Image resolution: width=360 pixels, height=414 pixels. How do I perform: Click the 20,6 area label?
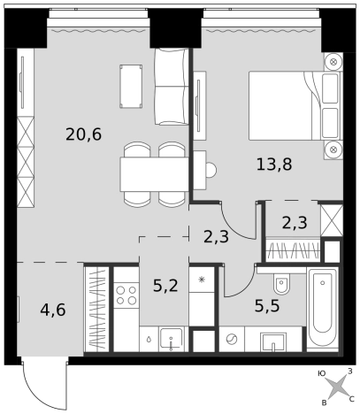click(x=84, y=135)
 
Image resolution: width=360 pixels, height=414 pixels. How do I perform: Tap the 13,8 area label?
click(x=274, y=165)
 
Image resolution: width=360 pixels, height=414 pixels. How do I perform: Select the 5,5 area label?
click(x=267, y=306)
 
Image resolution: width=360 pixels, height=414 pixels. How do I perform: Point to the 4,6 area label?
click(x=53, y=310)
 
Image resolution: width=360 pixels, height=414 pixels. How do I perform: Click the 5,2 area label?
click(x=165, y=286)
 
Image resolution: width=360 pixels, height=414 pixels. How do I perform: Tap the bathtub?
click(x=323, y=310)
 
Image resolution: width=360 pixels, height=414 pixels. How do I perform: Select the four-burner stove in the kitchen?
click(x=126, y=295)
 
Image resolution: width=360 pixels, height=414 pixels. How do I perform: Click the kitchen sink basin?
click(x=172, y=339)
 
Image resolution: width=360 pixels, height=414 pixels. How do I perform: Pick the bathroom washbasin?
click(x=273, y=342)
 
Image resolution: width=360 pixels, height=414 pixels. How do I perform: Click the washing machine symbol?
click(x=232, y=339)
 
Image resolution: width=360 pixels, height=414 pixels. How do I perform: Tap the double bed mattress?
click(x=280, y=105)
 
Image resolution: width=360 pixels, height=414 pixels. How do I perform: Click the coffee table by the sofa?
click(x=131, y=87)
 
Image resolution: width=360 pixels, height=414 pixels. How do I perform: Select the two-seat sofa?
click(x=172, y=87)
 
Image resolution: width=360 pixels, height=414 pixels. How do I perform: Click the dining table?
click(x=154, y=174)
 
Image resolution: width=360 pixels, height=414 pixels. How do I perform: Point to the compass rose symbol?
click(x=336, y=387)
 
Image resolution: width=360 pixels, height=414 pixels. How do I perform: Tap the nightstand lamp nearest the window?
click(x=333, y=62)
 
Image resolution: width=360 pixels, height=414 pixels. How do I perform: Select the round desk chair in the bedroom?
click(x=211, y=170)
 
